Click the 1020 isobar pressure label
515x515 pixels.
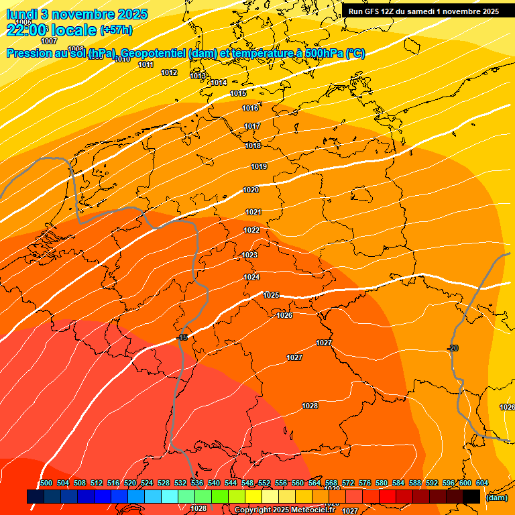(251, 190)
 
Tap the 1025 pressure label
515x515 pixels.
(271, 296)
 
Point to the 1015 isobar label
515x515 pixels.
(238, 94)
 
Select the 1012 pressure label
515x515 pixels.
(169, 73)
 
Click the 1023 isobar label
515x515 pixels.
(249, 255)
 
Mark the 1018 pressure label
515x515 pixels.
(253, 146)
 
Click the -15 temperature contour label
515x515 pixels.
(182, 337)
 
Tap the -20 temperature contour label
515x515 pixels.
(453, 348)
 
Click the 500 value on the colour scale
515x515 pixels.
(46, 483)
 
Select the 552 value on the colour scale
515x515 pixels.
(264, 483)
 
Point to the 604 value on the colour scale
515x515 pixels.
(482, 483)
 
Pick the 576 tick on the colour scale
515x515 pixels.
(365, 483)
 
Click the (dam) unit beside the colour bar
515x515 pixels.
(496, 498)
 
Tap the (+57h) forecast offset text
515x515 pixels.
(116, 30)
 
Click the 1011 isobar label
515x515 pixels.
(146, 65)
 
